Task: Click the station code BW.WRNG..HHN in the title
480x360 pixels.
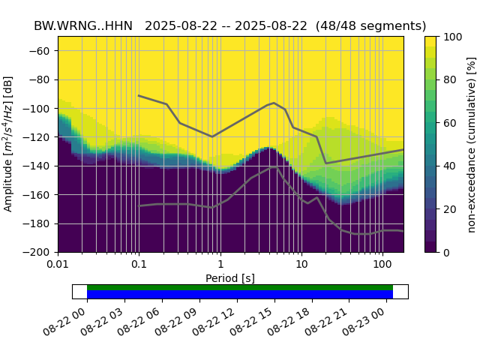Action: click(83, 26)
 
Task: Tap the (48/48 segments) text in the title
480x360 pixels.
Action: click(371, 26)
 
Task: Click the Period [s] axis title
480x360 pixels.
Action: click(230, 278)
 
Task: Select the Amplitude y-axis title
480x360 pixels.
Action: click(9, 144)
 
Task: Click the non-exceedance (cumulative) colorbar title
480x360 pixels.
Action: click(472, 144)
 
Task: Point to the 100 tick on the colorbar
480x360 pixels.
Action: click(442, 37)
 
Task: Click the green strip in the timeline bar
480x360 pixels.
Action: click(240, 287)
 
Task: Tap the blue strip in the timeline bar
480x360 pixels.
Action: click(240, 295)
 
